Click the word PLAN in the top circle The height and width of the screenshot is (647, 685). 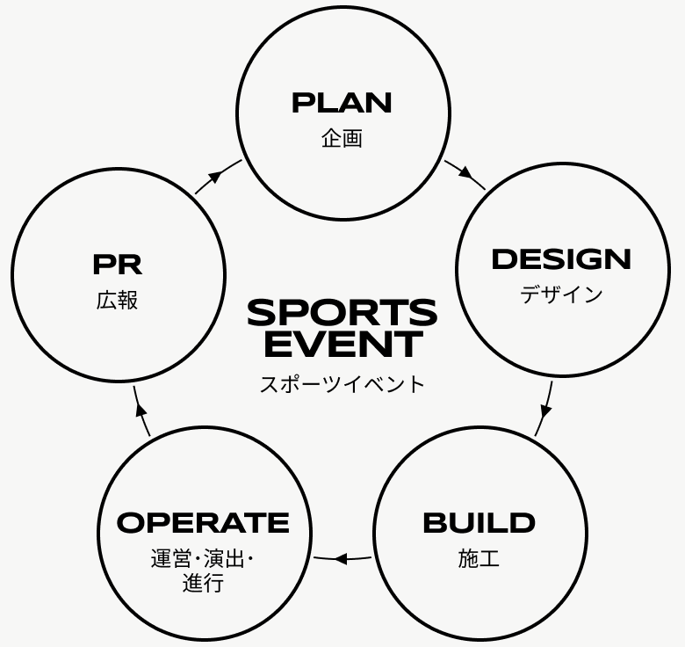(342, 103)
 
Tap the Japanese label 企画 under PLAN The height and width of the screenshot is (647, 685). (342, 138)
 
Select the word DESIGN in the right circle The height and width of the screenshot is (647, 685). (561, 259)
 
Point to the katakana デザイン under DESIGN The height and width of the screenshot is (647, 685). (561, 294)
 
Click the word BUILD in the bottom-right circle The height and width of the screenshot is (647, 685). (479, 523)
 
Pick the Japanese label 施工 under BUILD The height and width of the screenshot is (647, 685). (479, 558)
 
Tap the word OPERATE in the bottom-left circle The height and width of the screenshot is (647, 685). (203, 523)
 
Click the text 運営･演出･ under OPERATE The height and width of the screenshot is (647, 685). (203, 559)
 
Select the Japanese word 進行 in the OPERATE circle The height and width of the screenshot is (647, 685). (203, 584)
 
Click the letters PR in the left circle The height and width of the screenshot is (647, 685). (117, 264)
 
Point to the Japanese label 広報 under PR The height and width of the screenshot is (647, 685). (117, 300)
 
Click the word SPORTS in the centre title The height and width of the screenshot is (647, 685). (342, 313)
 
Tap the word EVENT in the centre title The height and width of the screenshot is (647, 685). (342, 345)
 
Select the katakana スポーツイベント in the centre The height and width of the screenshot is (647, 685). (342, 384)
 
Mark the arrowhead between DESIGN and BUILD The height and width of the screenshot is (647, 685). (545, 410)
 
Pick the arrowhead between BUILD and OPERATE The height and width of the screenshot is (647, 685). (341, 558)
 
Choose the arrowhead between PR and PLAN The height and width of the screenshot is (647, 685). (215, 176)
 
